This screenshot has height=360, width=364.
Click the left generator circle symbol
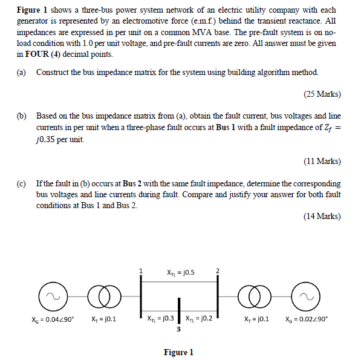click(51, 296)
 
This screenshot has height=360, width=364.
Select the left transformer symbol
click(101, 296)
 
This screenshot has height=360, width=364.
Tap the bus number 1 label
click(141, 270)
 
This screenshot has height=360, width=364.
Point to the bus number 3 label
click(178, 330)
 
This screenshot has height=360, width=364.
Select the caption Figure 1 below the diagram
click(178, 352)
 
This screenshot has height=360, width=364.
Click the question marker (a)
click(21, 72)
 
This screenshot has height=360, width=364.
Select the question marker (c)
click(21, 183)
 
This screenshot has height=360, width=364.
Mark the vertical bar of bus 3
click(178, 311)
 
